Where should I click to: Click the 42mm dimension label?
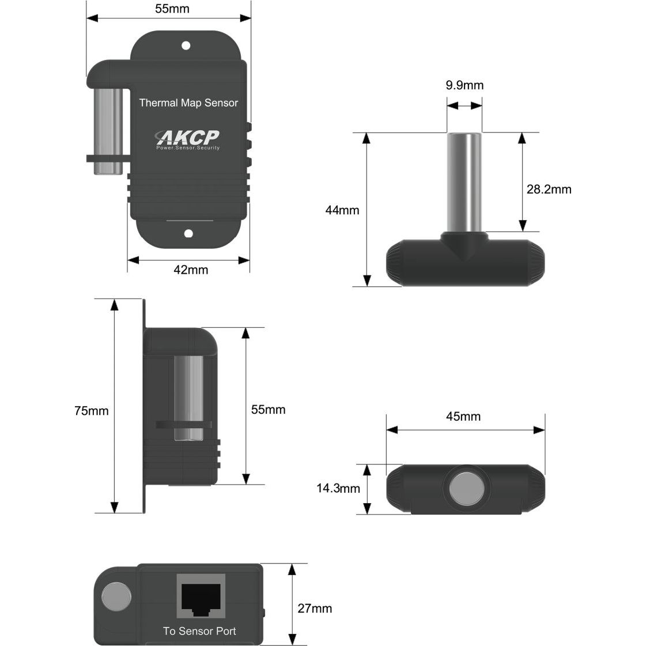pyautogui.click(x=191, y=270)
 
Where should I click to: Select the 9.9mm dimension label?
pyautogui.click(x=464, y=86)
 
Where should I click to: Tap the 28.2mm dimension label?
pyautogui.click(x=549, y=189)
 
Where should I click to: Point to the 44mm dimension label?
pyautogui.click(x=342, y=210)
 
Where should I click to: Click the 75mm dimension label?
pyautogui.click(x=91, y=411)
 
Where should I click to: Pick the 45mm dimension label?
pyautogui.click(x=463, y=416)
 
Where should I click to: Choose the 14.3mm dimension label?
pyautogui.click(x=338, y=489)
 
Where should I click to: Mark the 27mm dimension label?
pyautogui.click(x=315, y=609)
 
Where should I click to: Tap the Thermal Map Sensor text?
pyautogui.click(x=188, y=103)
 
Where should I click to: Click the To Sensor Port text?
pyautogui.click(x=199, y=631)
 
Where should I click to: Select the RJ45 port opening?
pyautogui.click(x=201, y=598)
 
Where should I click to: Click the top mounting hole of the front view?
pyautogui.click(x=186, y=45)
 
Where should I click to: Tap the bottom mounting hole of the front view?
pyautogui.click(x=188, y=233)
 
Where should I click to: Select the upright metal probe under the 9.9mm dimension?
pyautogui.click(x=464, y=182)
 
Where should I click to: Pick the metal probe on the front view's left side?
pyautogui.click(x=108, y=131)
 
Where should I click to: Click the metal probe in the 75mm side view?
pyautogui.click(x=188, y=398)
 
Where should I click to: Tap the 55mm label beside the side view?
pyautogui.click(x=268, y=410)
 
